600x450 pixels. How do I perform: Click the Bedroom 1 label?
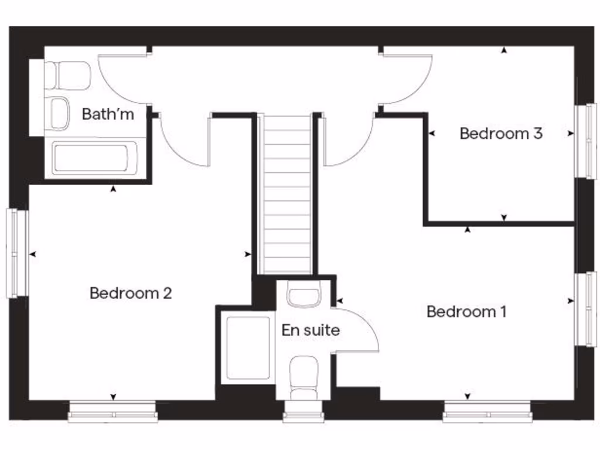(466, 311)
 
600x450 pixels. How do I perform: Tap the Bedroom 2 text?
(130, 292)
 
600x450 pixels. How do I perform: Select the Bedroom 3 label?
(500, 134)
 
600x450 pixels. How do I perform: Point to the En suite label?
(310, 330)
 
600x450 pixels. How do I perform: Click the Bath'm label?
(108, 114)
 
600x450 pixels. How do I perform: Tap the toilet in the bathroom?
(69, 76)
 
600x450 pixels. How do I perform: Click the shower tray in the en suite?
(248, 349)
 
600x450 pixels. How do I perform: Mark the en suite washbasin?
(304, 294)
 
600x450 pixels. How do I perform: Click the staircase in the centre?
(286, 193)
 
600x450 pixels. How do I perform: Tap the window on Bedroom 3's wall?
(584, 141)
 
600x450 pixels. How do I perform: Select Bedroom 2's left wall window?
(17, 253)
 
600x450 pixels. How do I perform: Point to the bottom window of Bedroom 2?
(112, 412)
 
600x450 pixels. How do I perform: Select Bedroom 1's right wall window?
(584, 309)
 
